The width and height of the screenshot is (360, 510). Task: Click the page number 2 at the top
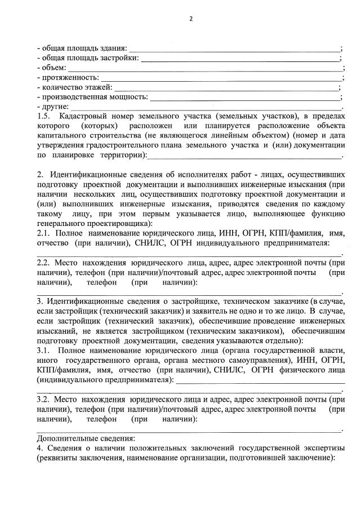click(x=190, y=19)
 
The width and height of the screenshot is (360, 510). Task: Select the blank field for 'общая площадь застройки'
click(x=239, y=59)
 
